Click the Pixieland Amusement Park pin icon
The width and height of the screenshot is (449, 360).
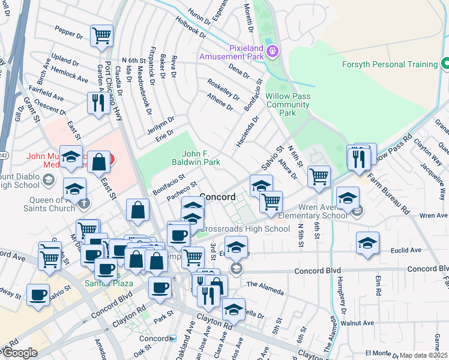pos(273,52)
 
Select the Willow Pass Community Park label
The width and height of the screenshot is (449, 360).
pos(288,104)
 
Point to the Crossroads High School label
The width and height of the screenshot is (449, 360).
pos(244,229)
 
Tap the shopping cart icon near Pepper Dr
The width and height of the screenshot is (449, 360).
pos(101,35)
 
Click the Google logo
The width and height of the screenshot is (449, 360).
pos(20,353)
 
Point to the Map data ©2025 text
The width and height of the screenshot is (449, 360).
pos(423,355)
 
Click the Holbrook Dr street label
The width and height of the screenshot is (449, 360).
pos(191,25)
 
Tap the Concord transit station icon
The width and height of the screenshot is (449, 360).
pos(173,338)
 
